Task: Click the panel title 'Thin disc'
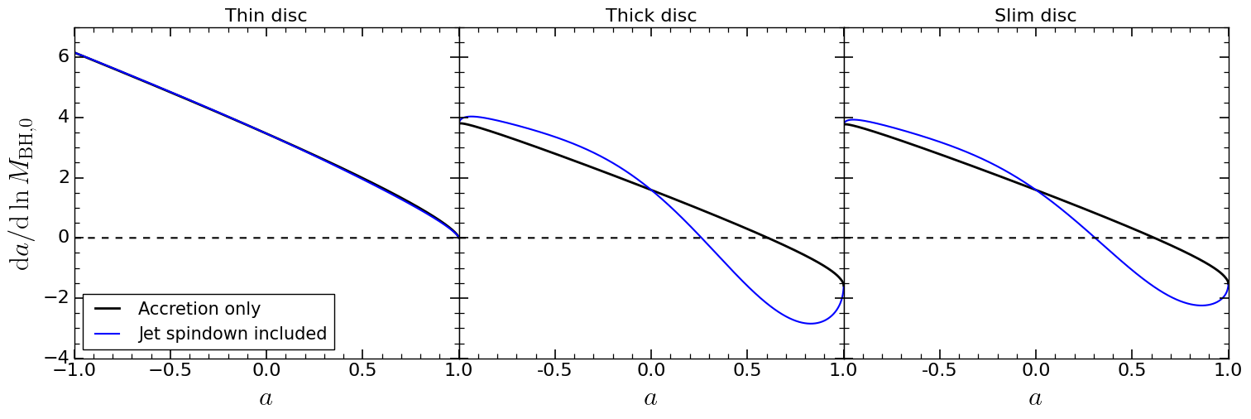(266, 15)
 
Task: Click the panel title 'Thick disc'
(651, 15)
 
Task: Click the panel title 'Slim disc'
(1035, 15)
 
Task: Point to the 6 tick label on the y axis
(63, 56)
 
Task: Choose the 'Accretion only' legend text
(199, 309)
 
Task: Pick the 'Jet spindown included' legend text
(232, 334)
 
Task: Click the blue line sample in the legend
(108, 334)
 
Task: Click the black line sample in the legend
(108, 309)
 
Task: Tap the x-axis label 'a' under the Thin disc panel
(266, 398)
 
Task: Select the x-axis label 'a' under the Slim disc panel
(1035, 398)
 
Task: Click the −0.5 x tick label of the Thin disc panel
(170, 371)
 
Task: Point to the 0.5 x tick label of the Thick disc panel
(747, 371)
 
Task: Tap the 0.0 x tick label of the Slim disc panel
(1035, 371)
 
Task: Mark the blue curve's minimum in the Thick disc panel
(811, 324)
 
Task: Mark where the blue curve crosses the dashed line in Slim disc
(1095, 238)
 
